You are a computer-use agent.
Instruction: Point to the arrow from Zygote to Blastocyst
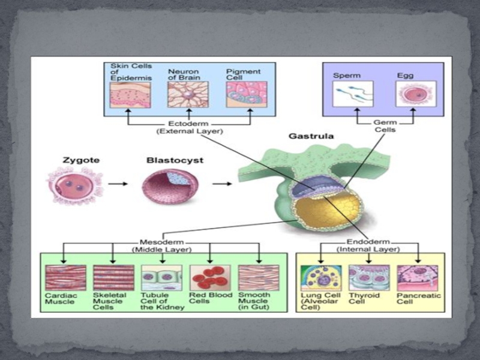pyautogui.click(x=118, y=184)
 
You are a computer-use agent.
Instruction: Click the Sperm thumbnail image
pyautogui.click(x=353, y=95)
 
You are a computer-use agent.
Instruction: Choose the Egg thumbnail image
pyautogui.click(x=412, y=95)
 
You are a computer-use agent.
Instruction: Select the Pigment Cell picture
pyautogui.click(x=242, y=95)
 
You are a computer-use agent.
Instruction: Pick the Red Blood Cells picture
pyautogui.click(x=209, y=278)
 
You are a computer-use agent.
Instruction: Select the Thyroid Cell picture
pyautogui.click(x=369, y=278)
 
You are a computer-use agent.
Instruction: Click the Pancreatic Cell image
pyautogui.click(x=417, y=278)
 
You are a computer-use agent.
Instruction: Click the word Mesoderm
pyautogui.click(x=152, y=242)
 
